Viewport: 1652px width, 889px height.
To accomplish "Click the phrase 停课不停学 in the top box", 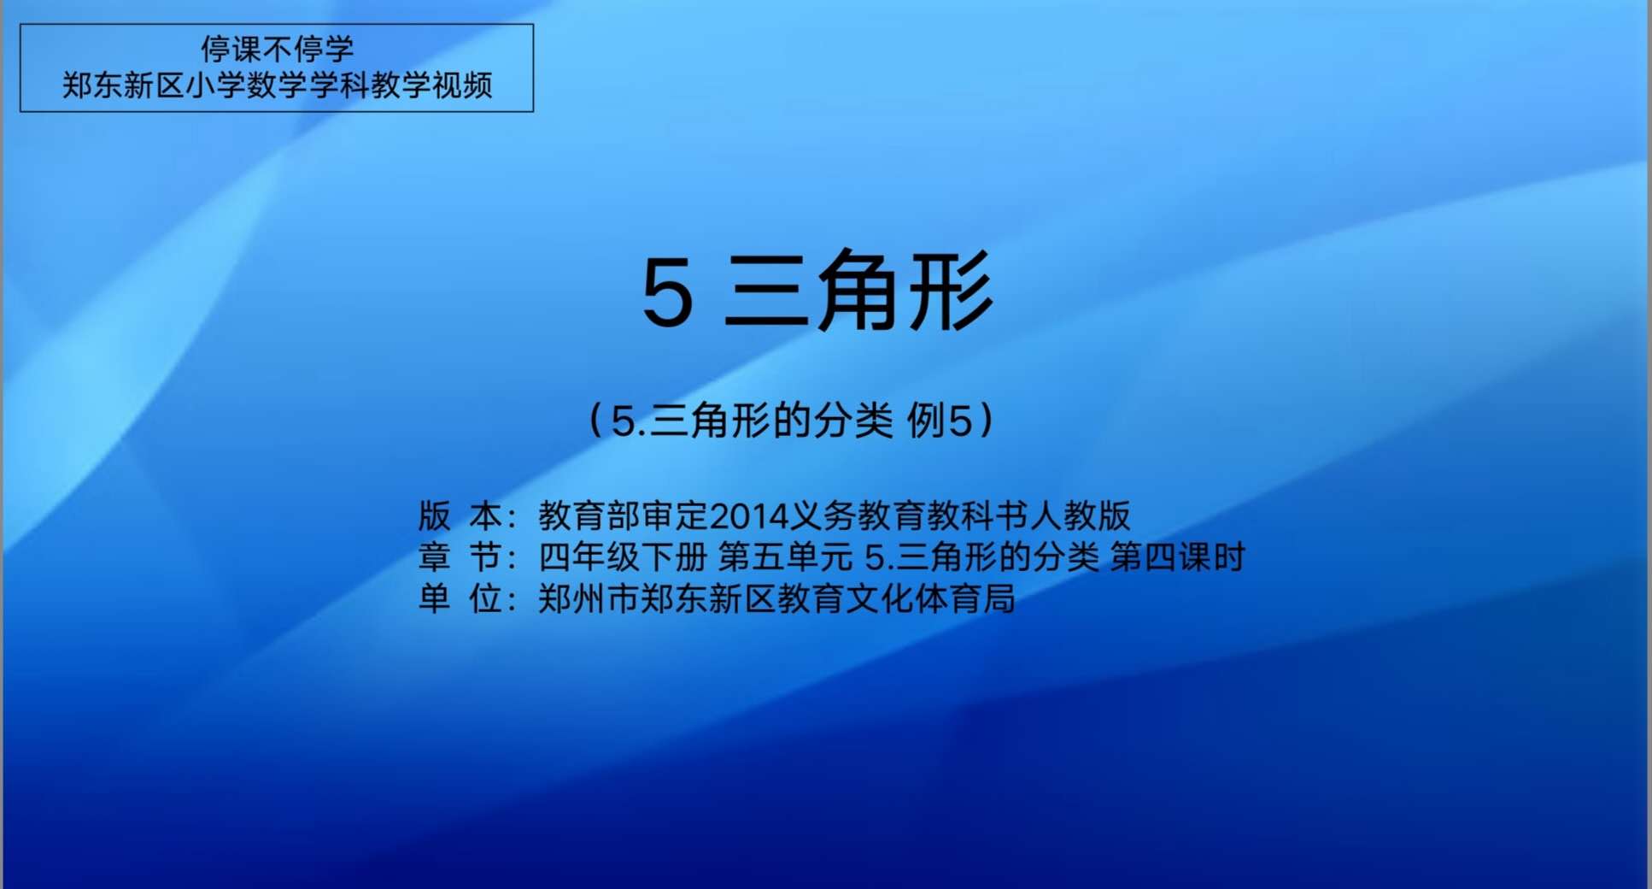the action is tap(277, 49).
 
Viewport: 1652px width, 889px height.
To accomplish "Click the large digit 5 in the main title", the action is tap(667, 292).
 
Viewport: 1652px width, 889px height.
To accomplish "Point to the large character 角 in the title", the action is tap(861, 291).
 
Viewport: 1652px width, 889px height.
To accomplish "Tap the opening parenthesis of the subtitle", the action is tap(596, 420).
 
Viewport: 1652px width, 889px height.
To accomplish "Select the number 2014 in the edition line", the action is tap(748, 516).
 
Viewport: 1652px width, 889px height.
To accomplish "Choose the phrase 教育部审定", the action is tap(624, 515).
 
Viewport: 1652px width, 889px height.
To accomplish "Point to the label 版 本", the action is tap(460, 515).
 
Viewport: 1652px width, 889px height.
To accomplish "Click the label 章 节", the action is tap(460, 557).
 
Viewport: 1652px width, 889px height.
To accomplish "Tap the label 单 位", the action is tap(460, 598).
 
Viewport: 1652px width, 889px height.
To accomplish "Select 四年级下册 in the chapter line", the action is tap(623, 557).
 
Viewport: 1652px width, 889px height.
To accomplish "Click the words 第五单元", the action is tap(785, 557).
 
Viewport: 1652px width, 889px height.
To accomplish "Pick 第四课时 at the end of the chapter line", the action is tap(1177, 557).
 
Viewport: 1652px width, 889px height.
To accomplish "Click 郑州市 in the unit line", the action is tap(589, 598).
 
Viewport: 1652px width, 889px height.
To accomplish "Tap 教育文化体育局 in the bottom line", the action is tap(896, 598).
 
